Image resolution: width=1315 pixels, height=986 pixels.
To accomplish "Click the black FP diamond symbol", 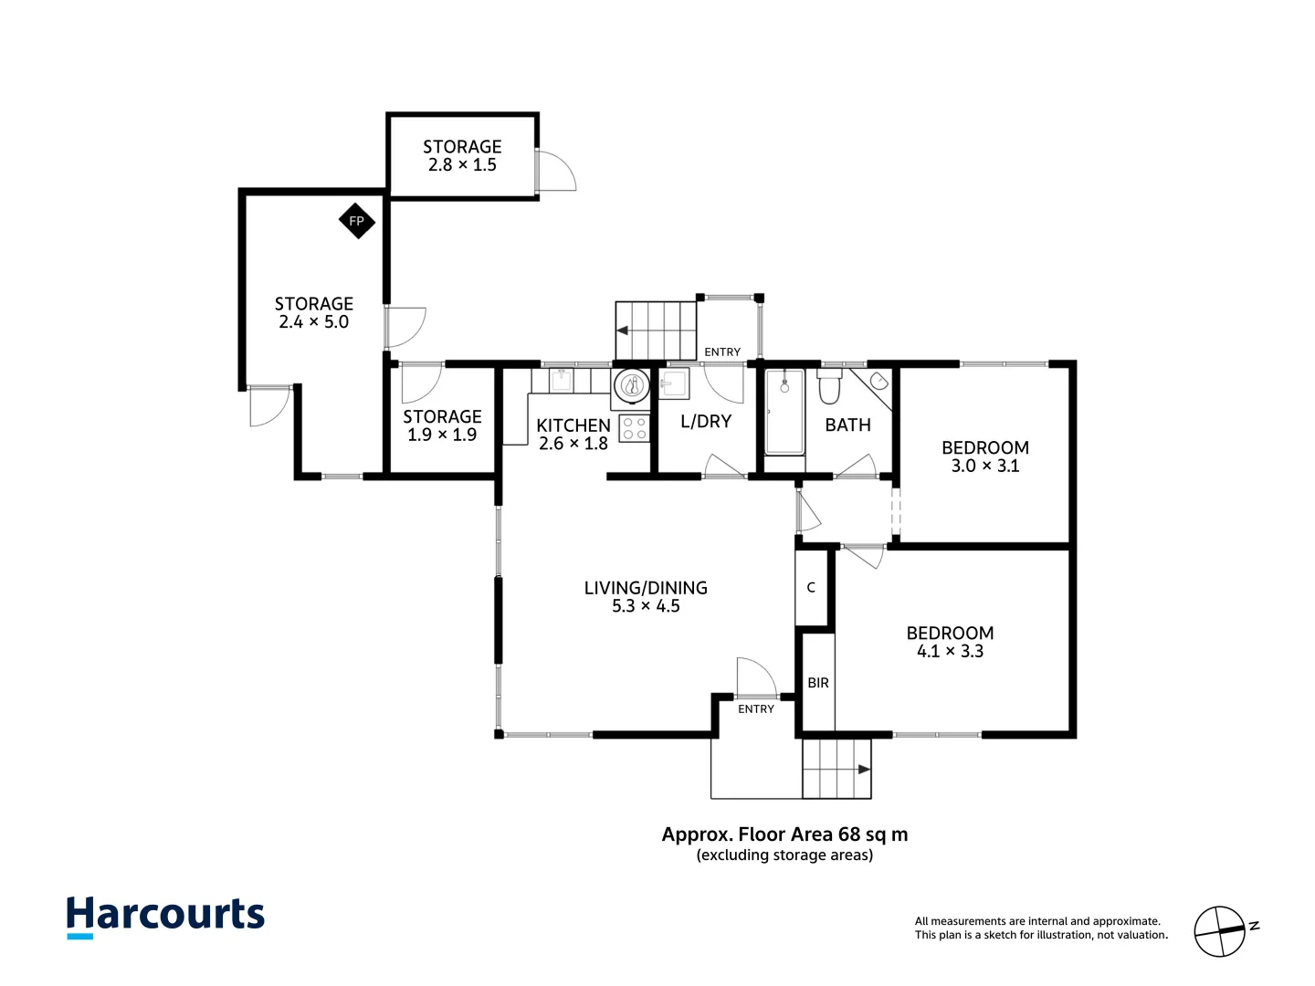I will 356,221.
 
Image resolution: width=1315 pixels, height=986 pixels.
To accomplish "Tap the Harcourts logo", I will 165,916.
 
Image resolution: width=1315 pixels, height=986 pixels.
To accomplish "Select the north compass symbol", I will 1221,931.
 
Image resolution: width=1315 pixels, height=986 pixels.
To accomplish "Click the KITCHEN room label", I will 573,425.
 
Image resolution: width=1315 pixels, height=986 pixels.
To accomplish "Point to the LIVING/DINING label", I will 646,588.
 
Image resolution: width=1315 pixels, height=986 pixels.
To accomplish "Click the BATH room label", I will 847,425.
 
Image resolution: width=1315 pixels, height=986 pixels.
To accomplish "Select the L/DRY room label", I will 706,422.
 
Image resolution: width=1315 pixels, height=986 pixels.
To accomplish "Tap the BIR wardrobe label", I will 818,683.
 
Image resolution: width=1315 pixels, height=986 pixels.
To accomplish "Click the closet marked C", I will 811,588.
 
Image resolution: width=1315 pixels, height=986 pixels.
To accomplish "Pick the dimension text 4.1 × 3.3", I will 950,651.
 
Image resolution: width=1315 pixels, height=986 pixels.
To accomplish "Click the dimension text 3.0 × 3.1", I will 984,466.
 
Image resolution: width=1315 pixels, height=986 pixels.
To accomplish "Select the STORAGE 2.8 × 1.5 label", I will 462,156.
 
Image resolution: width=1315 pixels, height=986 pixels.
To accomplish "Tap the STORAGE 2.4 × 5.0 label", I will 313,313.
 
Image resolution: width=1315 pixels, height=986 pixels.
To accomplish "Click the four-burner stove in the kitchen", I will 635,428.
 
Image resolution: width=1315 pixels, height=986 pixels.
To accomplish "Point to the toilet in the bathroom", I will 829,387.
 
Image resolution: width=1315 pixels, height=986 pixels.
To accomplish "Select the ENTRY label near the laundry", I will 722,352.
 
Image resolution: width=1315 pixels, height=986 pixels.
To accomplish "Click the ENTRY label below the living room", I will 755,709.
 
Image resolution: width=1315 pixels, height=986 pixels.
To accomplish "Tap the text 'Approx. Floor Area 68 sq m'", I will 784,834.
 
